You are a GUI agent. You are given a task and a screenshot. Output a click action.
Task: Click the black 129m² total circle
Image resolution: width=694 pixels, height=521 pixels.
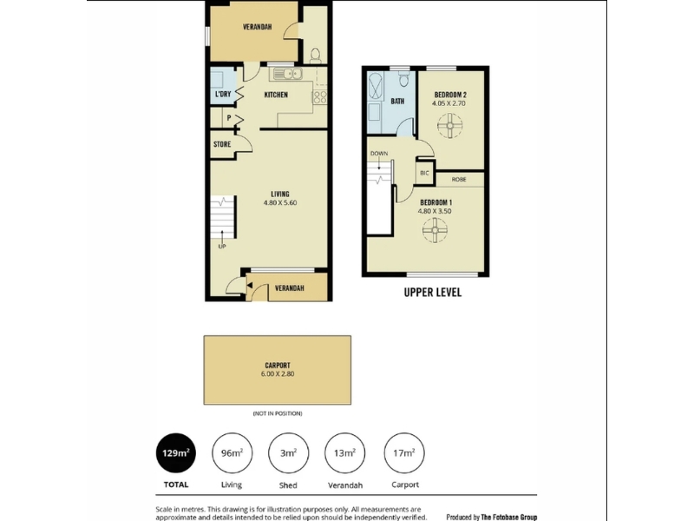point(176,453)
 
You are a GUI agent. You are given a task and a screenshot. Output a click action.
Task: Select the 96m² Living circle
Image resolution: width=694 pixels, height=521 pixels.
point(232,453)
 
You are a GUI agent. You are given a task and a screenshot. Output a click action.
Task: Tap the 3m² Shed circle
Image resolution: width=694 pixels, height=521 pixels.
point(288,453)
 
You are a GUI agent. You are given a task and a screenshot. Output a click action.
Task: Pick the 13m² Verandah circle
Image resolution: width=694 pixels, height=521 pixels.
point(344,453)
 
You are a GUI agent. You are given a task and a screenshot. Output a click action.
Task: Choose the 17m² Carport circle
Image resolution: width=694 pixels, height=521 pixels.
point(404,453)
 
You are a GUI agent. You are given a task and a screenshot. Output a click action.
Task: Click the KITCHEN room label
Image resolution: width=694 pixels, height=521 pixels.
point(276,95)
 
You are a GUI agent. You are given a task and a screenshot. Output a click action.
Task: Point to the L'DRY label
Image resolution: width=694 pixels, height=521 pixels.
point(223,95)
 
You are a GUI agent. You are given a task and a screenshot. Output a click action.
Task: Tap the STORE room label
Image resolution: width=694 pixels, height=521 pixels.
point(222,144)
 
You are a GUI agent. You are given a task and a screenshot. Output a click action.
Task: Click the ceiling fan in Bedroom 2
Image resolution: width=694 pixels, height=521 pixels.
point(449,125)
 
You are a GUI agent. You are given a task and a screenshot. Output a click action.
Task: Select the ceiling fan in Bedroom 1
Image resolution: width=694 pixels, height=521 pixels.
point(435,230)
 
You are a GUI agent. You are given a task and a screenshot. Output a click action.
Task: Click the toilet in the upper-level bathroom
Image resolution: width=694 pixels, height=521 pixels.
point(403,79)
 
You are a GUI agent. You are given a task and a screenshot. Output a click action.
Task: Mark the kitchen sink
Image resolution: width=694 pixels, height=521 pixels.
point(287,74)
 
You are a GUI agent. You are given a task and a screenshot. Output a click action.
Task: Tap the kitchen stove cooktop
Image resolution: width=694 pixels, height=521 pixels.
point(319,97)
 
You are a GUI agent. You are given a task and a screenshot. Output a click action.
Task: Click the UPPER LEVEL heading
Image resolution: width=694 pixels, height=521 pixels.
point(432,293)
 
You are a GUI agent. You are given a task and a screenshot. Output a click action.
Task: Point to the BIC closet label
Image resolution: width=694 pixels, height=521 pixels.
point(424,173)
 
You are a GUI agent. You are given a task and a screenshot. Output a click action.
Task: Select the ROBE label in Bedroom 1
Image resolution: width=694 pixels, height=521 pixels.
point(459,180)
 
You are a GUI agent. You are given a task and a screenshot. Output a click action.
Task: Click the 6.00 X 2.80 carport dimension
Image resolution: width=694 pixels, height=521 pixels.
point(278,374)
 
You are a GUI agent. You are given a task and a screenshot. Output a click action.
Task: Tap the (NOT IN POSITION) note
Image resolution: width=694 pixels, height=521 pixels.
point(278,413)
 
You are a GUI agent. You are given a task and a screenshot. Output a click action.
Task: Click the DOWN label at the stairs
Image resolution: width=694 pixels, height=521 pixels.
point(379,154)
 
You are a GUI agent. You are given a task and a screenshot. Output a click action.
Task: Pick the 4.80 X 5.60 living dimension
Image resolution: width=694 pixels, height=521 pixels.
point(280,203)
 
